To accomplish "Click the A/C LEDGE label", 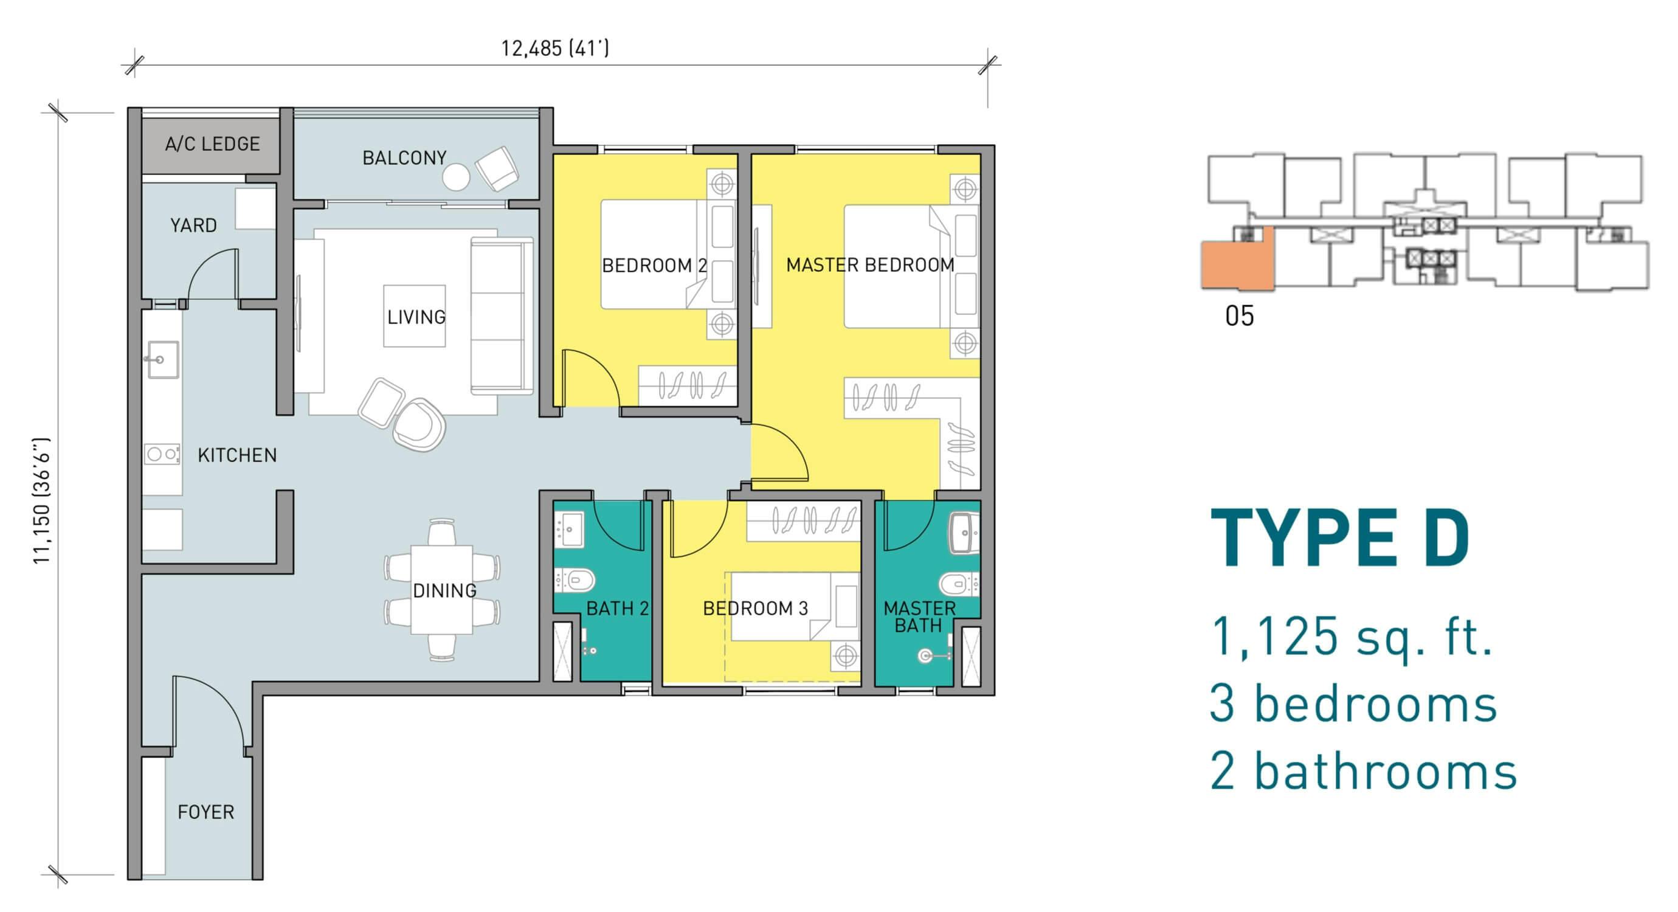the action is [x=212, y=144].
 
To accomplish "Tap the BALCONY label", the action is [x=404, y=157].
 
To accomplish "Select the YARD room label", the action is [x=193, y=226].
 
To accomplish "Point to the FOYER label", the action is [x=206, y=812].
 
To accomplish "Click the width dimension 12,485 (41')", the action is [x=555, y=48].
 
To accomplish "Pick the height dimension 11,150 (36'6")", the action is [x=41, y=501].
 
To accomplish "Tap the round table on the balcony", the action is [x=456, y=176].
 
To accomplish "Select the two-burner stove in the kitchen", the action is [x=162, y=454].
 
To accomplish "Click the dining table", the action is [x=441, y=590].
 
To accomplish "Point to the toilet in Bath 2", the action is [x=574, y=580].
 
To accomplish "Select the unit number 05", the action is [x=1239, y=316].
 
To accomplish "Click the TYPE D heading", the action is [x=1340, y=539].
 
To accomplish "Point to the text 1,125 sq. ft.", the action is [x=1352, y=637].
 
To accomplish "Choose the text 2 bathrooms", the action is [x=1363, y=772].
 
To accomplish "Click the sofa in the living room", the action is [x=502, y=316].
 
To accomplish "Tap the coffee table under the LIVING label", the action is [x=415, y=316].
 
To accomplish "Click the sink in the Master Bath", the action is [x=964, y=533].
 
